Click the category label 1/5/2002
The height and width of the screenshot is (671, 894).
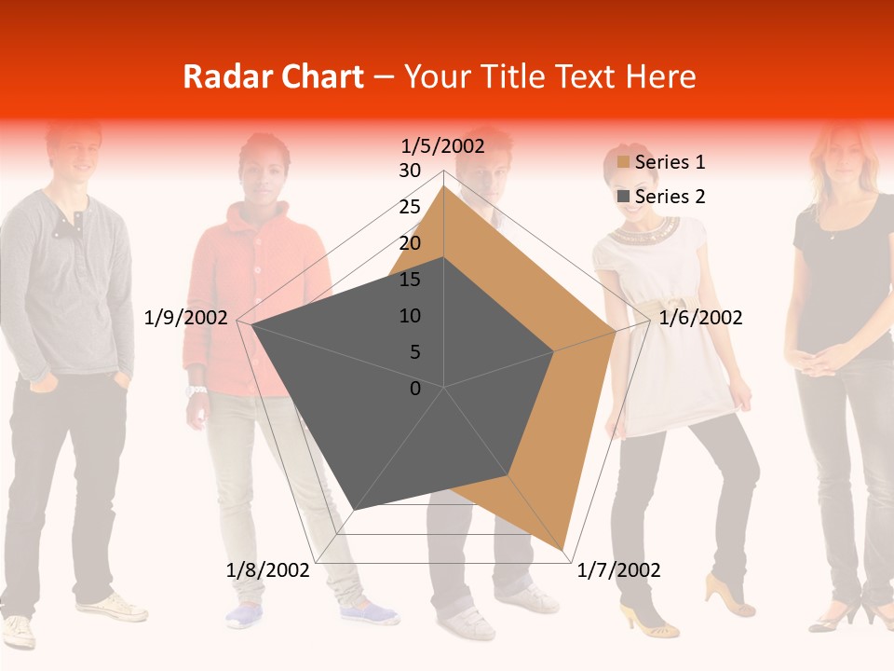point(443,145)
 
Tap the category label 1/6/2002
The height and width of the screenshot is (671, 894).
point(700,318)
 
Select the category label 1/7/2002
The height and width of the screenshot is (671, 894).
point(618,570)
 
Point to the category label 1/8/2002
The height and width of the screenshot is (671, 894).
point(267,570)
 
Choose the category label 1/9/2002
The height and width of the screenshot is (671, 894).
point(186,318)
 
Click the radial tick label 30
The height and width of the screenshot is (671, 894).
point(410,171)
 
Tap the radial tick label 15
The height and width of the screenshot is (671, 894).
point(410,280)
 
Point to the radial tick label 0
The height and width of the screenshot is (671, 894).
point(415,389)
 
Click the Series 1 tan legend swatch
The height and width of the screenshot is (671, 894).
point(624,163)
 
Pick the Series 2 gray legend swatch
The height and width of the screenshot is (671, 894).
point(624,197)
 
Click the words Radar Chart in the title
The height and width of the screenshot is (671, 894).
point(273,76)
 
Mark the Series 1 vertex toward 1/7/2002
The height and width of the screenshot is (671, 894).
point(564,550)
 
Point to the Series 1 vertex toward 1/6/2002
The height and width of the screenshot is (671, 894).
point(616,331)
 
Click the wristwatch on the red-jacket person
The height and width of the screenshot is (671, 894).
point(195,390)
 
